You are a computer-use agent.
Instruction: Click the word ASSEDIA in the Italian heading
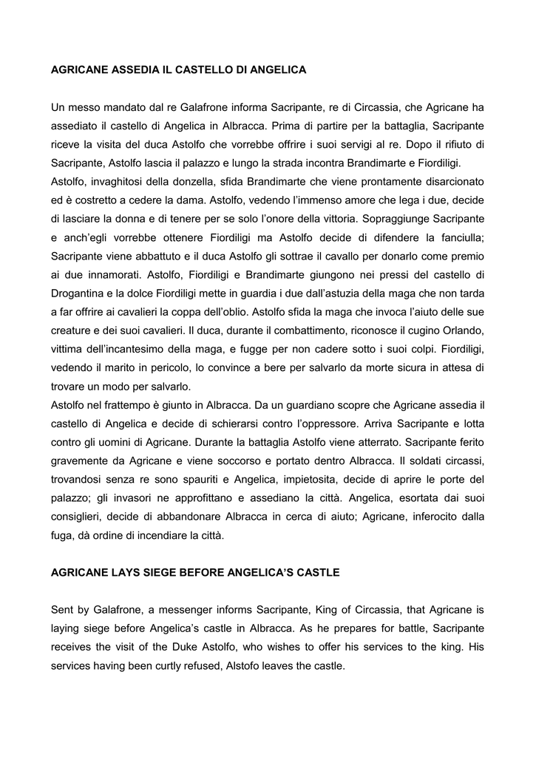point(133,69)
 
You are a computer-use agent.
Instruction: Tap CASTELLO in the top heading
point(201,69)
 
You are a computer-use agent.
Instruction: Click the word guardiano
point(327,405)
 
